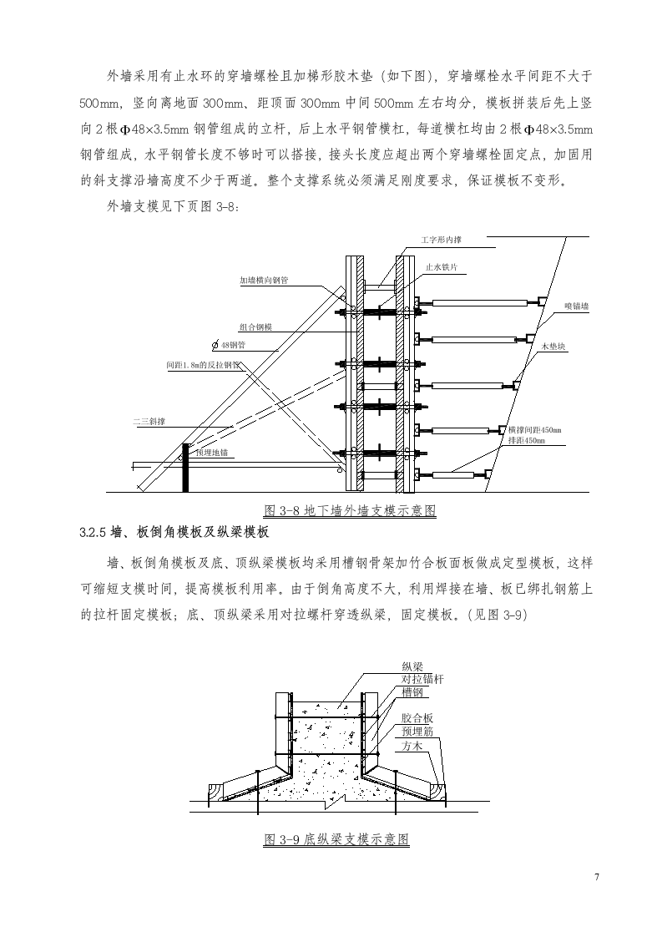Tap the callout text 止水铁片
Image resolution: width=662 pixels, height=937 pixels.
(441, 268)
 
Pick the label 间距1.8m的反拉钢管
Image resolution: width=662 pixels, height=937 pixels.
(203, 365)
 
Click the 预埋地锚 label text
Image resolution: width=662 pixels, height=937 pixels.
(211, 452)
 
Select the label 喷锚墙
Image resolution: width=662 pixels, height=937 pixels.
(576, 306)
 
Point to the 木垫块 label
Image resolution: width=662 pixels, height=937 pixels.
(554, 346)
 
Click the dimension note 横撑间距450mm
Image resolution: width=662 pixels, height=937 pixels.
(534, 430)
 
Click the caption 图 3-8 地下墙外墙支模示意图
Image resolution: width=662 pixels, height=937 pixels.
(350, 510)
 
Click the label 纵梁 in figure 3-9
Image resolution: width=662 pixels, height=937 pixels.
(412, 666)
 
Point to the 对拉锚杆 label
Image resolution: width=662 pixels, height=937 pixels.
(422, 679)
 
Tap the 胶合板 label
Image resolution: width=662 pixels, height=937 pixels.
(417, 717)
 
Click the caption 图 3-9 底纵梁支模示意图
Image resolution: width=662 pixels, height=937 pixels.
(336, 839)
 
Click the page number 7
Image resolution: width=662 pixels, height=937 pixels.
(596, 876)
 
